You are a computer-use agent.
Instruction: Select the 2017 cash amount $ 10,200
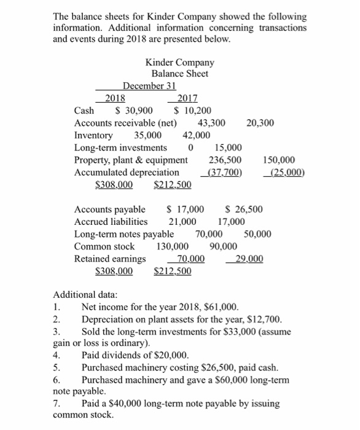coord(194,111)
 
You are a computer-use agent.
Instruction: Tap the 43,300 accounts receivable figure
coord(211,123)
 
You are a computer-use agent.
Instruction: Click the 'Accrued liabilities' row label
coord(111,221)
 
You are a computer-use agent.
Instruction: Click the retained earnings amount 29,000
coord(249,258)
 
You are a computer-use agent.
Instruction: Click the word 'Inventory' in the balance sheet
coord(93,135)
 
